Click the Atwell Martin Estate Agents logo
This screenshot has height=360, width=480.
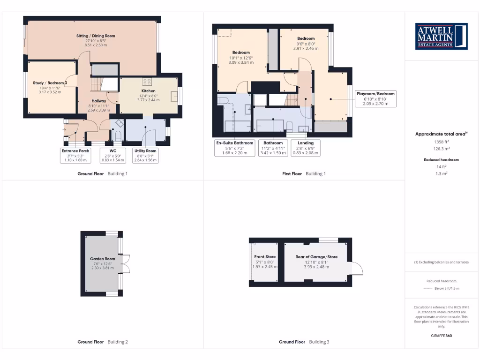coord(441,36)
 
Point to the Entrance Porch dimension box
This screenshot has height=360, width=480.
coord(75,155)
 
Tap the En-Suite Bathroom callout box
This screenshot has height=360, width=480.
coord(234,147)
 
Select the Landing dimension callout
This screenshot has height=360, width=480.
coord(306,147)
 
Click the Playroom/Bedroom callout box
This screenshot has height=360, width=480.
coord(375,98)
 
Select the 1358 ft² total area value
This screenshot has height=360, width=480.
coord(441,141)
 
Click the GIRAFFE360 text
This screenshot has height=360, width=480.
coord(442,336)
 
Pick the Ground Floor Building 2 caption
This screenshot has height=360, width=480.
coord(102,342)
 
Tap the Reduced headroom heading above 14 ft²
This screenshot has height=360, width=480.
coord(441,160)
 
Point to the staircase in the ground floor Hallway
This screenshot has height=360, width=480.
coord(97,84)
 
